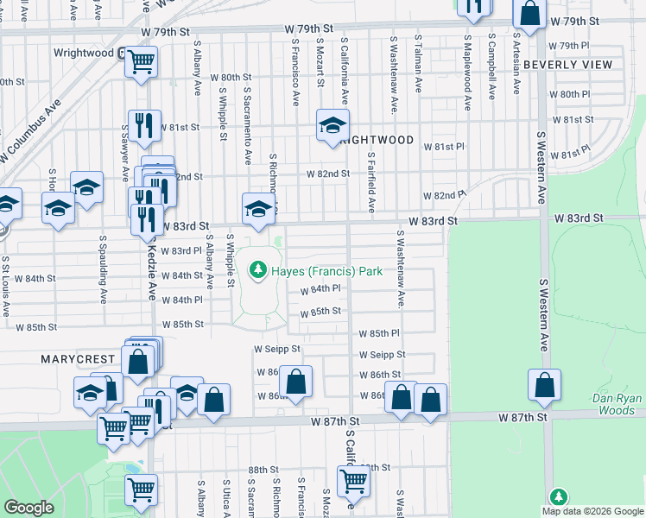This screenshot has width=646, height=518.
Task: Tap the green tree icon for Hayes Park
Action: pos(256,271)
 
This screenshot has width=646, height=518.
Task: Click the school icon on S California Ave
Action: pos(332,125)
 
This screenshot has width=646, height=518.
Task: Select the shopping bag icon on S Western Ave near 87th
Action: pos(544,385)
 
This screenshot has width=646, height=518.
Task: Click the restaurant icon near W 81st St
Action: pos(145,125)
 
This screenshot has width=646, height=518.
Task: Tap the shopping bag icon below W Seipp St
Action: pos(295,381)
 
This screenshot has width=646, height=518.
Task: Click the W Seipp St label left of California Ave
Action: pos(276,350)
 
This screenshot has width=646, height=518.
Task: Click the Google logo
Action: pos(28,508)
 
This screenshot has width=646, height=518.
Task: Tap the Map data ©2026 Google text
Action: pos(593,510)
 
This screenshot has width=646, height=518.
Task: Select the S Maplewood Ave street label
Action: pos(468,73)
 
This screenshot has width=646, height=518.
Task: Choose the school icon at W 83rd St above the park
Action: pos(256,207)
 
